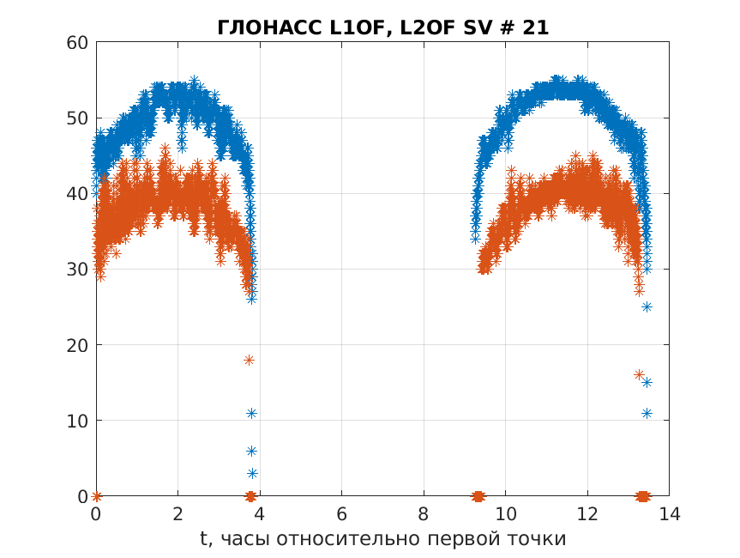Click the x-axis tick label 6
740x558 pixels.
[342, 514]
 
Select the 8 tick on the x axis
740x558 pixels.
[424, 514]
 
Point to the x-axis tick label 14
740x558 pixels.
[669, 514]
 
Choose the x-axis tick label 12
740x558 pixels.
[587, 514]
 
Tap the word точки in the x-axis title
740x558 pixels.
[542, 539]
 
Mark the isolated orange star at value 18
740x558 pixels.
[249, 360]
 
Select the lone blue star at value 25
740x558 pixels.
[647, 306]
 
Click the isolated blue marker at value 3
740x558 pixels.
[252, 473]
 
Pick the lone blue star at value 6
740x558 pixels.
[252, 451]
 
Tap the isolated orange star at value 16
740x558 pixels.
[639, 374]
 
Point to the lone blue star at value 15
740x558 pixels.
[647, 382]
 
